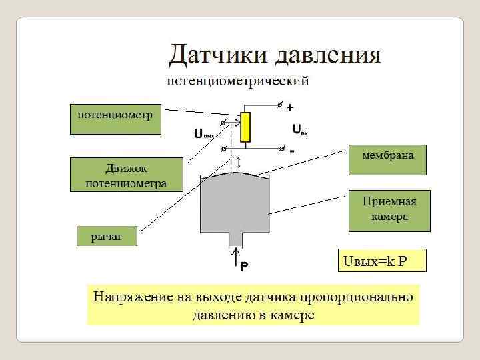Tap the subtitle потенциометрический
[x=237, y=82]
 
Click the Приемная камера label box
[x=389, y=209]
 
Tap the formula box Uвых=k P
[x=381, y=261]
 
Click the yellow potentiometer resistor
[x=245, y=127]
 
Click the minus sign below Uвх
[x=292, y=151]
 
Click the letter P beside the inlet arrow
[x=244, y=266]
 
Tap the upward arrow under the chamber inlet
[x=235, y=259]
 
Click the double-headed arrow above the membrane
[x=239, y=162]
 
